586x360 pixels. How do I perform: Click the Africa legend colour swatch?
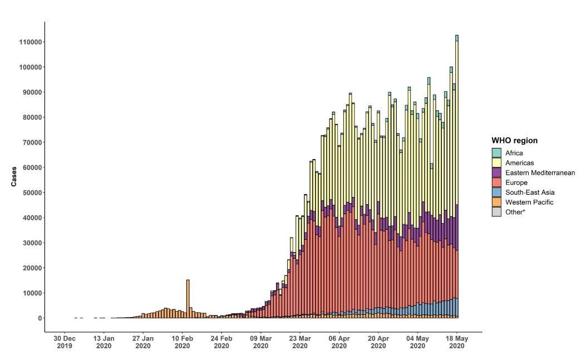496,152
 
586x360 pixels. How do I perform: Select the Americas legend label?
520,162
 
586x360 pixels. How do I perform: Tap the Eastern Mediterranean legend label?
540,172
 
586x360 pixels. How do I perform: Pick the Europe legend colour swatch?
496,183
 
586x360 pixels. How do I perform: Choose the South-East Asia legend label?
530,193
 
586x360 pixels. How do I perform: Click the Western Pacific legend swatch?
496,202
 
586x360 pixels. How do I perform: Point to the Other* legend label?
514,212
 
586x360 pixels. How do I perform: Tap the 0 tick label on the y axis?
39,318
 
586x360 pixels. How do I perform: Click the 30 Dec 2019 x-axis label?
65,342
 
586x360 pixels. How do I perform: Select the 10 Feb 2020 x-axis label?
182,342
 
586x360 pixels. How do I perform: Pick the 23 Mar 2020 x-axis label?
300,342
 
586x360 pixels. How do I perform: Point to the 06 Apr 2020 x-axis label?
339,342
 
